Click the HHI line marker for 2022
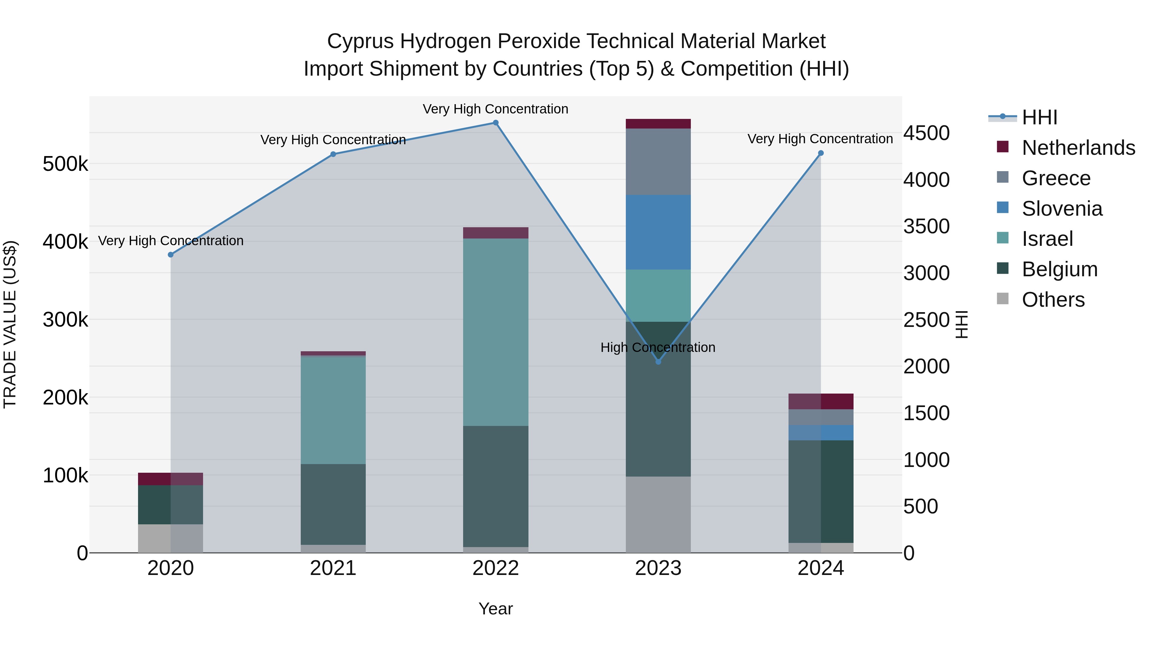tap(495, 123)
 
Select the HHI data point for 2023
tap(658, 362)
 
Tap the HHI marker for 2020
tap(170, 255)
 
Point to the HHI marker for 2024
tap(821, 153)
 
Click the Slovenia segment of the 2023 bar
tap(658, 232)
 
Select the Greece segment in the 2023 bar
tap(658, 162)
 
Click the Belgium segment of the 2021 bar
tap(333, 504)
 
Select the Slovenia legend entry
tap(1062, 209)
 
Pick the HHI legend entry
tap(1039, 117)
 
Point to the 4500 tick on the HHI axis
tap(926, 133)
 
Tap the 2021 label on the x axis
tap(333, 568)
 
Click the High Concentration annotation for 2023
tap(658, 347)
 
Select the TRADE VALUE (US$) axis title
tap(10, 324)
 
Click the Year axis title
tap(495, 609)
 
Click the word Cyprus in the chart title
tap(360, 41)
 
